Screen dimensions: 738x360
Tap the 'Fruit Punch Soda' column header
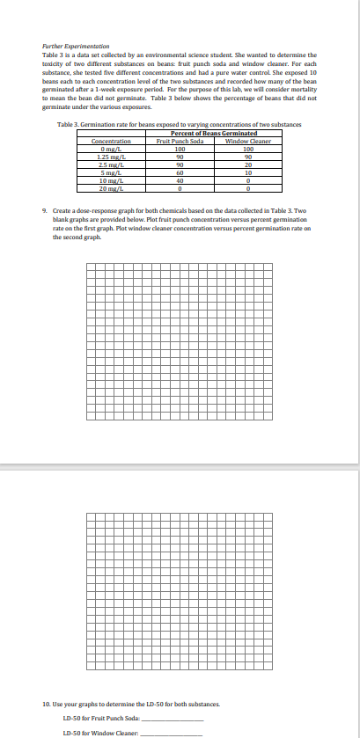pyautogui.click(x=180, y=141)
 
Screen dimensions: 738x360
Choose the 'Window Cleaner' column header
pyautogui.click(x=247, y=141)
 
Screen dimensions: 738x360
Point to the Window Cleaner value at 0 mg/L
pyautogui.click(x=247, y=148)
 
